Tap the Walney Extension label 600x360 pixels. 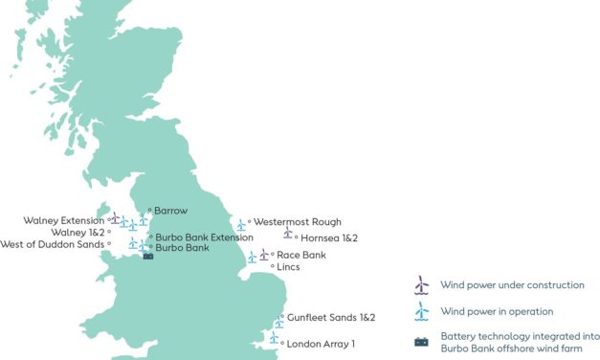(x=67, y=220)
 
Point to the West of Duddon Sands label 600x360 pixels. (x=54, y=244)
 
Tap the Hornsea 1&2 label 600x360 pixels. (x=328, y=237)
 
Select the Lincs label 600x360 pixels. (x=288, y=267)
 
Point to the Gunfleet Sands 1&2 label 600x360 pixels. (x=331, y=317)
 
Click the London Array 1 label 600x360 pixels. (x=321, y=344)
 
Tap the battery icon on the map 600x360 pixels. (x=147, y=257)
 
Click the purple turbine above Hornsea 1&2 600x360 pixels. (x=287, y=232)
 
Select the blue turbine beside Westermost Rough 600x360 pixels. (x=241, y=225)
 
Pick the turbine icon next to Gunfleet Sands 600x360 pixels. (x=279, y=320)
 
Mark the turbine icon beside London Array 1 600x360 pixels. (x=274, y=338)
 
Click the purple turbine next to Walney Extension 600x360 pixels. (x=115, y=218)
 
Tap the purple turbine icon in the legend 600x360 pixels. (x=420, y=285)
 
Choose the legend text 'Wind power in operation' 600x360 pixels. (x=497, y=311)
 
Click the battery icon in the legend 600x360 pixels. (x=420, y=342)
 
